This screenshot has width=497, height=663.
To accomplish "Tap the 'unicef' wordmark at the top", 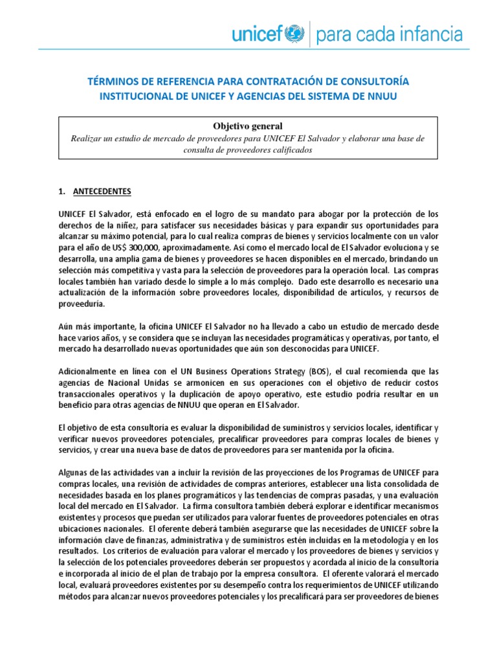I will [x=260, y=33].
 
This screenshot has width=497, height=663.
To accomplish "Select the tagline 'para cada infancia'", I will [x=390, y=34].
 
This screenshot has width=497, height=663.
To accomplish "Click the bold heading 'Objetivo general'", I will [x=248, y=125].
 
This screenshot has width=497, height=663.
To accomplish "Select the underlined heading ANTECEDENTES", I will [x=104, y=192].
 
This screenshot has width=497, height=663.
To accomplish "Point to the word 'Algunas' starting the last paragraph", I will [x=73, y=472].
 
